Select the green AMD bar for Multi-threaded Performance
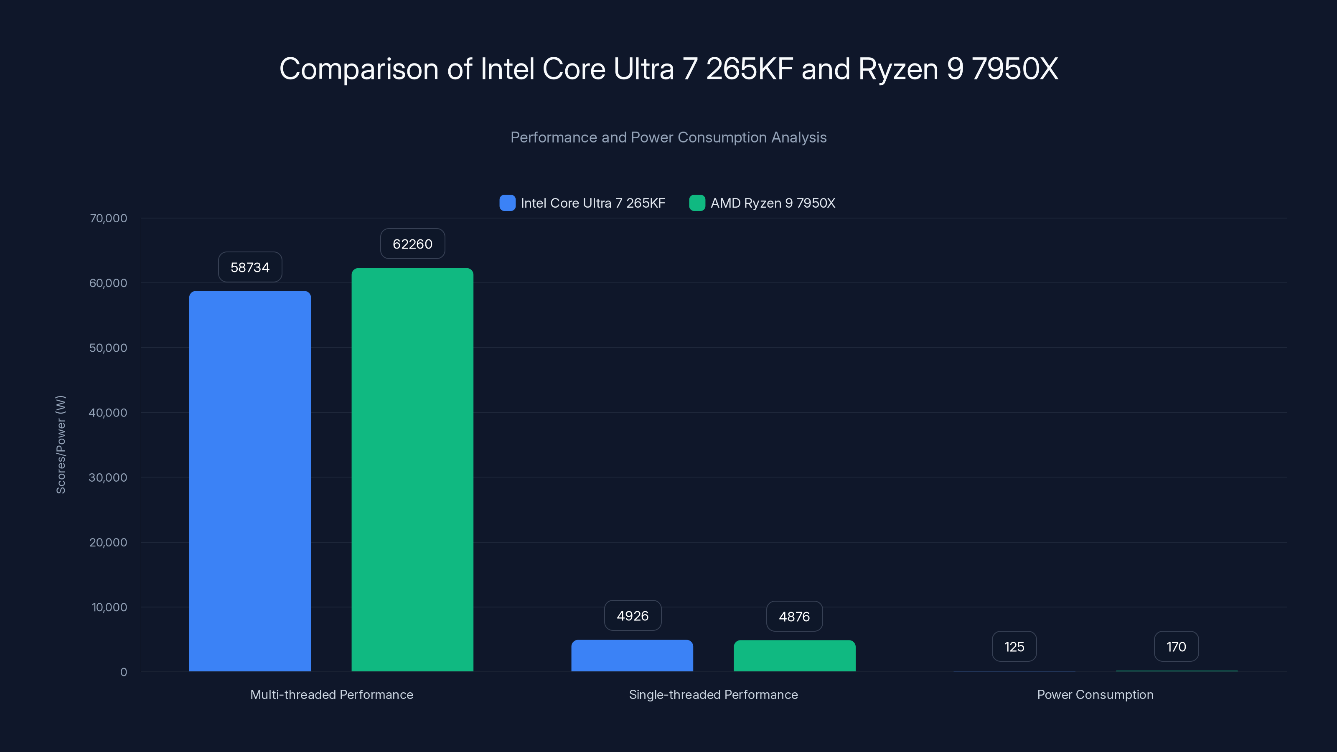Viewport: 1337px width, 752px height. coord(412,470)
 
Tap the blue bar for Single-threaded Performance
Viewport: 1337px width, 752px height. coord(632,655)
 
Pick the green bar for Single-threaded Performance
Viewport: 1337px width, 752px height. coord(794,655)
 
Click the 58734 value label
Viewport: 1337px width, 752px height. coord(250,267)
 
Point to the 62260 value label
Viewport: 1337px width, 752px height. coord(412,244)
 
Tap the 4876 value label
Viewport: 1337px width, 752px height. coord(794,617)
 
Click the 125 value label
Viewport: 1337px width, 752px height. coord(1014,647)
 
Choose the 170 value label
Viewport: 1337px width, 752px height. coord(1176,647)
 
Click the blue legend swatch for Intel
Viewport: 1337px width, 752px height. coord(507,203)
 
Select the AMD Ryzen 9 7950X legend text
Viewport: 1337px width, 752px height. coord(772,203)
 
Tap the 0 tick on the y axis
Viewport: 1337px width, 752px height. coord(124,672)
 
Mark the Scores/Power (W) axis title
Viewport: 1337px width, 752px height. coord(61,444)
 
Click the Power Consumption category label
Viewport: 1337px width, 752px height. coord(1095,694)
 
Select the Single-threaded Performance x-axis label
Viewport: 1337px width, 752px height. coord(713,694)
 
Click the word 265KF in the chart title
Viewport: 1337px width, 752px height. coord(750,69)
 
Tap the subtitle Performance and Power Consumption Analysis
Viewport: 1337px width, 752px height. coord(668,137)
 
